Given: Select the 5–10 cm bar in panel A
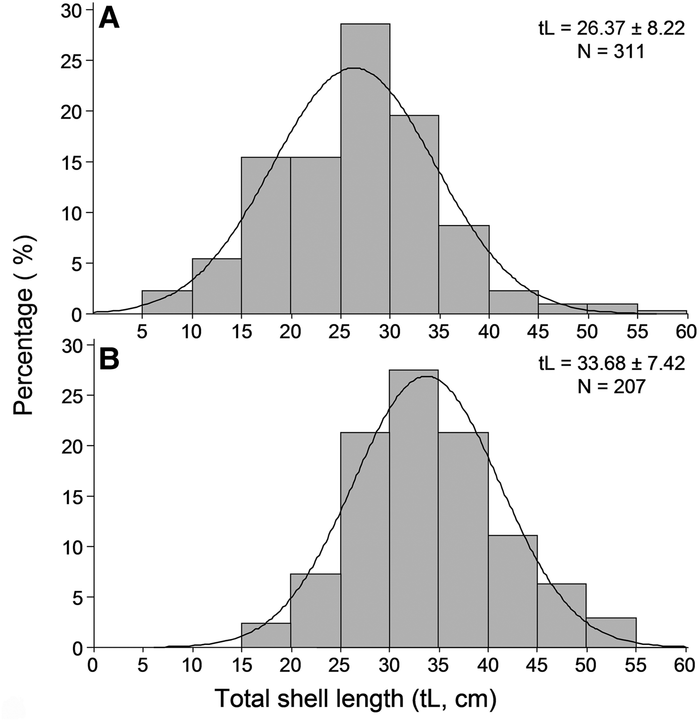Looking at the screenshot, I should tap(167, 302).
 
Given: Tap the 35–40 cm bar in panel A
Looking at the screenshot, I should tap(464, 269).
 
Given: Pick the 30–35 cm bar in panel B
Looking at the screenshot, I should tap(414, 509).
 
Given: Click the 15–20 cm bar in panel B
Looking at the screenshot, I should tap(266, 636).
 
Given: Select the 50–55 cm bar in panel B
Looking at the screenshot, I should tap(611, 633).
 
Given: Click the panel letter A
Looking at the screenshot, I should tap(109, 20).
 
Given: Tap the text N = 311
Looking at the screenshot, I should tap(611, 51).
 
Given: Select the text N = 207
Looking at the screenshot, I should tap(611, 386).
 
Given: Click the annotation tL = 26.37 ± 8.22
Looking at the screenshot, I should tap(611, 28).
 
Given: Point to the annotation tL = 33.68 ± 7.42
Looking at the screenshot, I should tap(611, 363).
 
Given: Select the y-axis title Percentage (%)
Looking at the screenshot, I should tap(23, 324).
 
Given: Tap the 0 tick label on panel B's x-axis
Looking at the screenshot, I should tap(93, 665).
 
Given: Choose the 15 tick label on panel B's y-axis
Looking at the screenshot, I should tap(71, 496).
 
